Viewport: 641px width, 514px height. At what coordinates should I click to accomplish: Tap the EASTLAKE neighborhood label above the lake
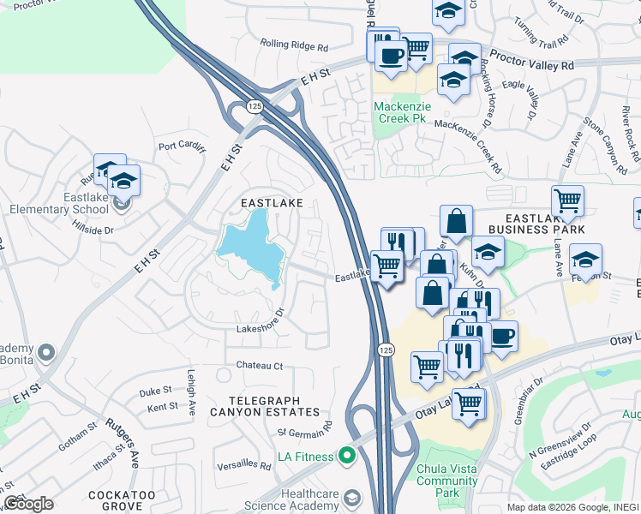(272, 202)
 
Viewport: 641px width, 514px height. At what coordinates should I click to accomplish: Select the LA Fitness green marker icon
(347, 457)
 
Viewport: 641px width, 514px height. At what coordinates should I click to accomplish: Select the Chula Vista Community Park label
(446, 475)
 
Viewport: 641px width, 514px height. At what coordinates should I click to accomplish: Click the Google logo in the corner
(28, 504)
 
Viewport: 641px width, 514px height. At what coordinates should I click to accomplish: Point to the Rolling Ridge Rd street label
(294, 45)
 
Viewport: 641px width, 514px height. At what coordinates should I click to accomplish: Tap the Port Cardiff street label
(183, 146)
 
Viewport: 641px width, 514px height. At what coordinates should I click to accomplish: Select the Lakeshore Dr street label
(260, 328)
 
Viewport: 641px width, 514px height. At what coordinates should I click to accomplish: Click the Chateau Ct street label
(261, 366)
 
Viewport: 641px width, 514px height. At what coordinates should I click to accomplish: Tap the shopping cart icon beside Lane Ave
(567, 201)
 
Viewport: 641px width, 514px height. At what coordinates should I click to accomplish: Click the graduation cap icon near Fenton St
(585, 259)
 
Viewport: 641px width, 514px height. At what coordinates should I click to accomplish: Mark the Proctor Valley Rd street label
(539, 65)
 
